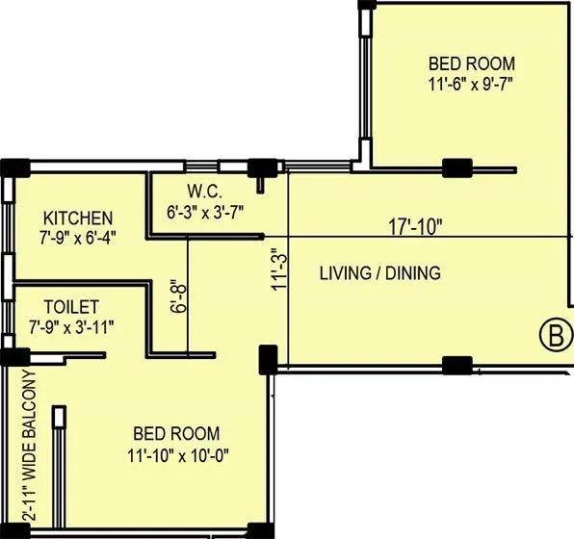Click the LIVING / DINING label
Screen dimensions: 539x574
click(379, 273)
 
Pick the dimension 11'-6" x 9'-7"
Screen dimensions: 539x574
click(471, 84)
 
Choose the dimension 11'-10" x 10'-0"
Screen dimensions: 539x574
click(176, 453)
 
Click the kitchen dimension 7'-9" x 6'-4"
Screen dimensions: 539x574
click(76, 238)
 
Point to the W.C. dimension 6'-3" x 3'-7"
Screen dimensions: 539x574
click(213, 210)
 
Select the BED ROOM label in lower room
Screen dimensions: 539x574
click(176, 434)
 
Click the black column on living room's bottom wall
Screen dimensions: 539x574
click(457, 365)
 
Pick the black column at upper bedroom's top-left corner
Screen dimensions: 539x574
click(366, 5)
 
